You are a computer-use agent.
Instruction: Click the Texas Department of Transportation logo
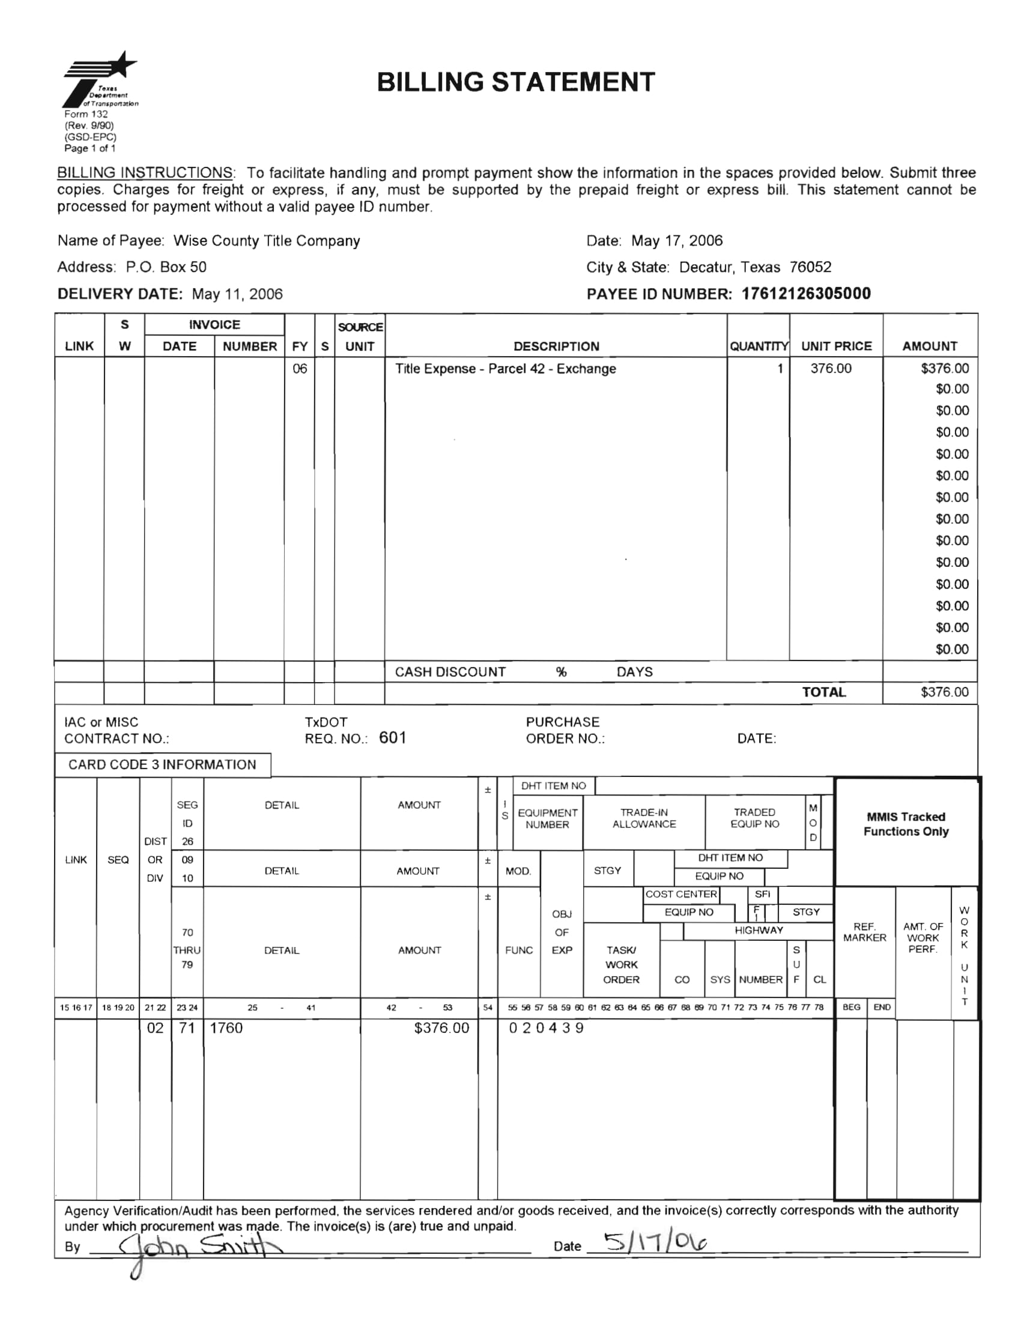(x=100, y=79)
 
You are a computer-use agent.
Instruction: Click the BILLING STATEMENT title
(x=515, y=82)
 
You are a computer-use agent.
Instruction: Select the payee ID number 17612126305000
(x=805, y=294)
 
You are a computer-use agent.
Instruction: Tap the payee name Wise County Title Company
(x=266, y=241)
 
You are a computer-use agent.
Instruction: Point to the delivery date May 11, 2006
(x=237, y=295)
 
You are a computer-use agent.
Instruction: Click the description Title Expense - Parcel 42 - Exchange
(x=505, y=369)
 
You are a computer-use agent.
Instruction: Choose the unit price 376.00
(x=831, y=368)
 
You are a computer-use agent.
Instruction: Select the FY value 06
(x=300, y=368)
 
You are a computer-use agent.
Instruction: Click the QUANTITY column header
(x=758, y=346)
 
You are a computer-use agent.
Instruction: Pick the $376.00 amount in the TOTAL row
(x=944, y=692)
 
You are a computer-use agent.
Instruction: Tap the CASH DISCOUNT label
(x=450, y=672)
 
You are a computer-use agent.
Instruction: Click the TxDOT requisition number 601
(x=393, y=737)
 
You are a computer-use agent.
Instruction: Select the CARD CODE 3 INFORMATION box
(x=162, y=764)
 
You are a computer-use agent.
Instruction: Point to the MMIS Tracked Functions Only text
(x=906, y=824)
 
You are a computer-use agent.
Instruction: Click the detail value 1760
(x=226, y=1027)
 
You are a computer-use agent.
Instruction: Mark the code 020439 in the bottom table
(x=545, y=1027)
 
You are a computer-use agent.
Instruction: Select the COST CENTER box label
(x=680, y=894)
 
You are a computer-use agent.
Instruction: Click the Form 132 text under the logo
(x=86, y=113)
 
